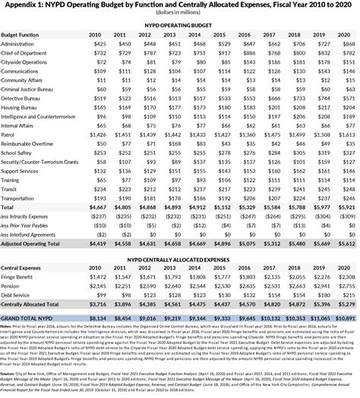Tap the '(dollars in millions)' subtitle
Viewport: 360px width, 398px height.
180,14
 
